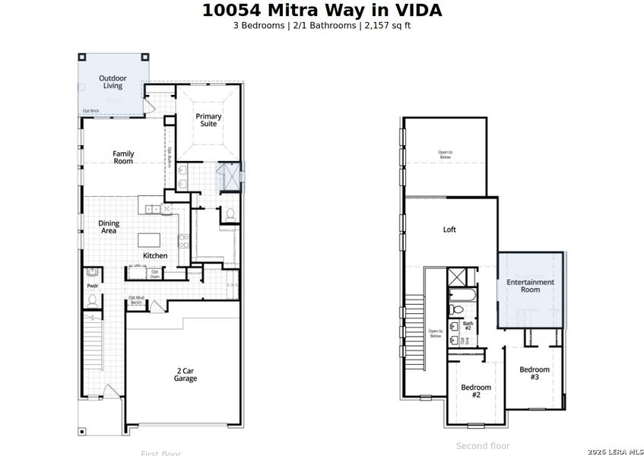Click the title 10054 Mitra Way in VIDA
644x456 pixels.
point(322,11)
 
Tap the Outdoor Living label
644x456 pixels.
point(113,82)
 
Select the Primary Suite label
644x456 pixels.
point(209,120)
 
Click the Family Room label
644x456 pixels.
point(123,157)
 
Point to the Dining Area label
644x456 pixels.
point(109,226)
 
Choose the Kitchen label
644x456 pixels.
point(155,255)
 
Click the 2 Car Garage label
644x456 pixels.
point(185,374)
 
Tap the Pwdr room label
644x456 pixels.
point(92,287)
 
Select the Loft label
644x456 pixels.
point(449,230)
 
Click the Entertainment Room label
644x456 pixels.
point(531,286)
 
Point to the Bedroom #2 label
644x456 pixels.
point(476,391)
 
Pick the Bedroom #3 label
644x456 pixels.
point(535,373)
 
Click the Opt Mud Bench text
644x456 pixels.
point(136,300)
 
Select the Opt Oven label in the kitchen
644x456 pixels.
point(154,274)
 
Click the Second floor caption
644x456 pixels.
point(483,446)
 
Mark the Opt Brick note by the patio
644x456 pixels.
point(90,111)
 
